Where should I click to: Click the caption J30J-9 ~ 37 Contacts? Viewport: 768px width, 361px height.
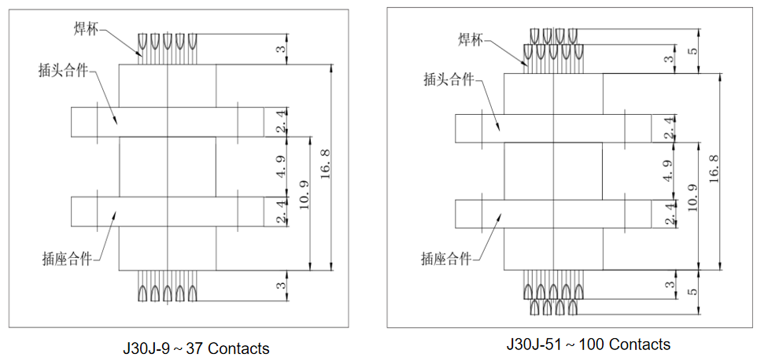195,348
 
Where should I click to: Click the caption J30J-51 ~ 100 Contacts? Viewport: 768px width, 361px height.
589,344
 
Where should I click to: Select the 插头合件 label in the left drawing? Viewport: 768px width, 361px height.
63,69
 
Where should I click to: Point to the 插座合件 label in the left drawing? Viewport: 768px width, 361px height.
66,258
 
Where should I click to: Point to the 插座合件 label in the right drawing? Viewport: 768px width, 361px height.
446,258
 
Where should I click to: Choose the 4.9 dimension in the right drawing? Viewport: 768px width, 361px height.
669,171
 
